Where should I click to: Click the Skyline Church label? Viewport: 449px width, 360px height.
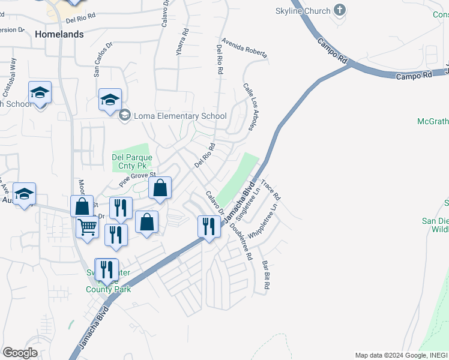303,11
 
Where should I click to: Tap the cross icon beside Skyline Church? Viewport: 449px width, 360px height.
340,10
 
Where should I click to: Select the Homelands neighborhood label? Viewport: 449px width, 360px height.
59,34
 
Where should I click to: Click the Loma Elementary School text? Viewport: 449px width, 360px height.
180,116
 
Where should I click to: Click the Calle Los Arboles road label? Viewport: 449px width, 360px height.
251,106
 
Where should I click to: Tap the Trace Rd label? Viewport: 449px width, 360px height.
271,188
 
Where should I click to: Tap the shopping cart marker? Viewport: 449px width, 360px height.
88,227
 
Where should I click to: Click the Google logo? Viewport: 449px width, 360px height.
20,353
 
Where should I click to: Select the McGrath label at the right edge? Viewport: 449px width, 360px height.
433,122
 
